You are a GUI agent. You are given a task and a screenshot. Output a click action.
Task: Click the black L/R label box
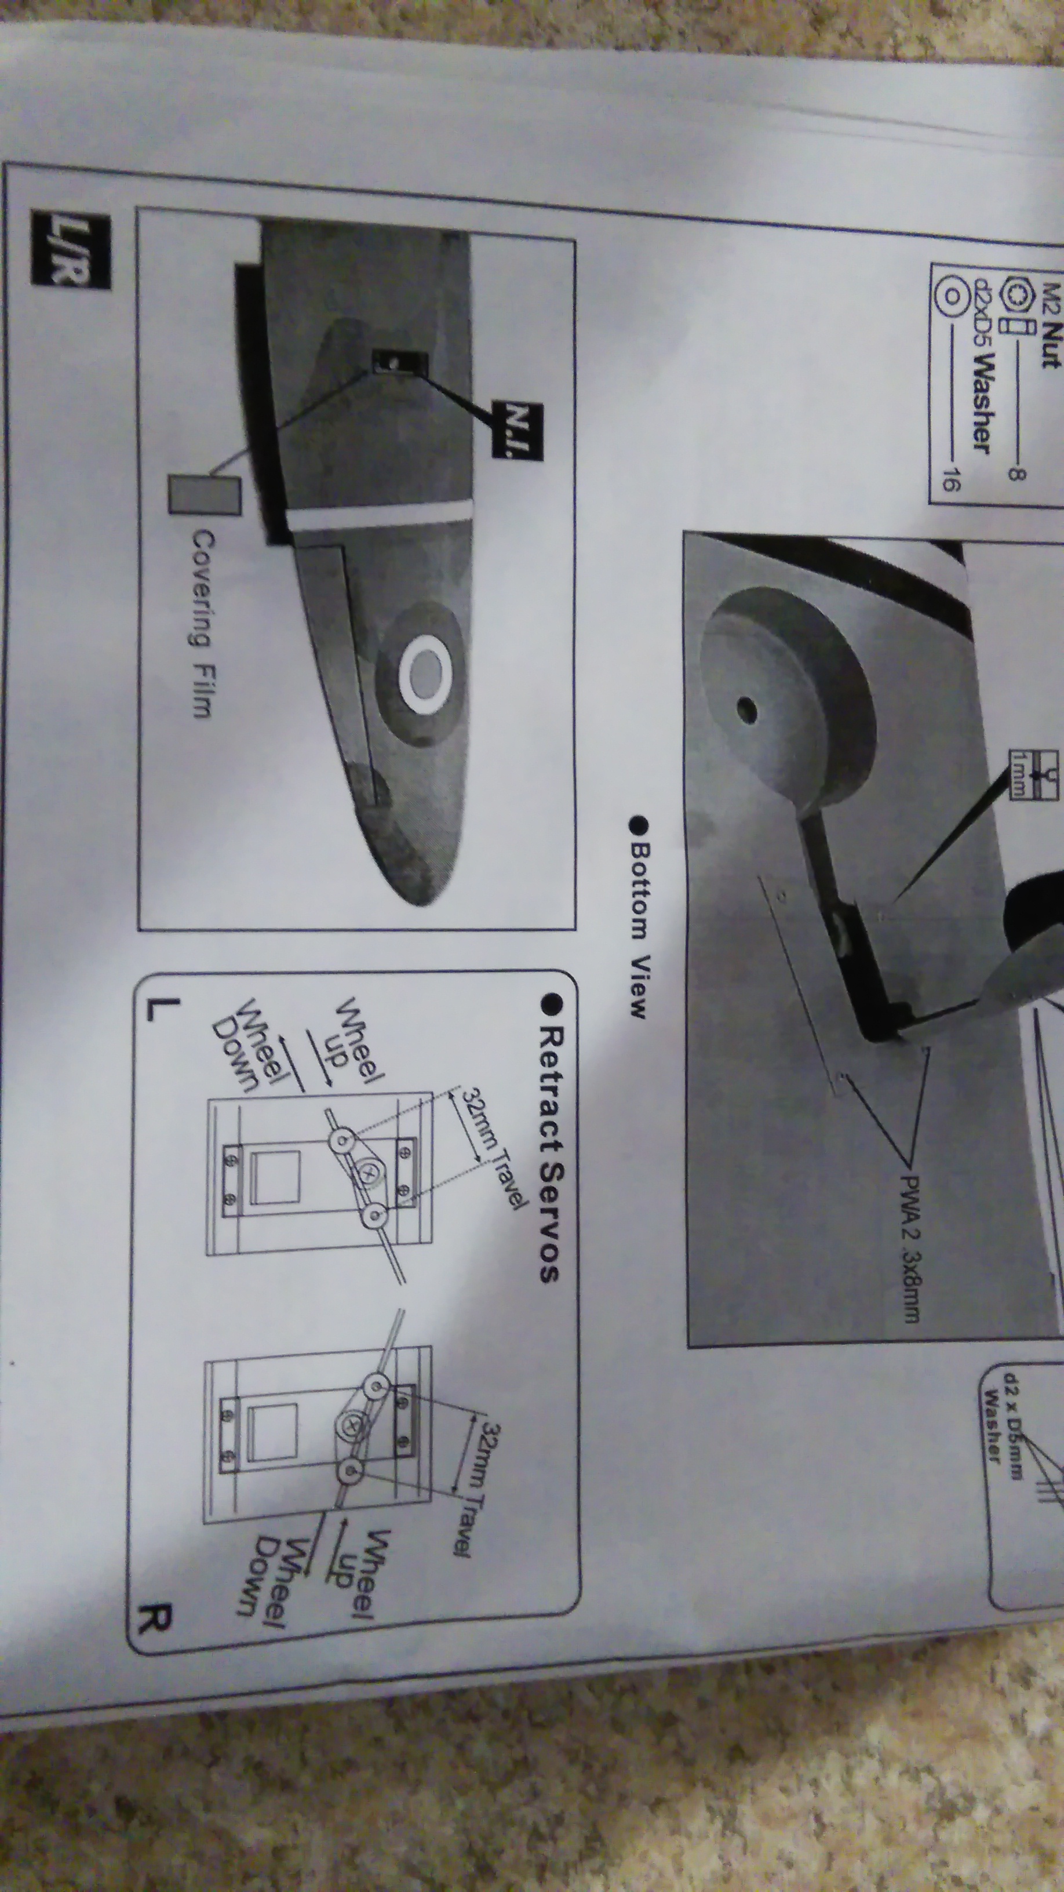[71, 248]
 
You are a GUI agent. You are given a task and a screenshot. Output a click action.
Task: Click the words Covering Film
[201, 623]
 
